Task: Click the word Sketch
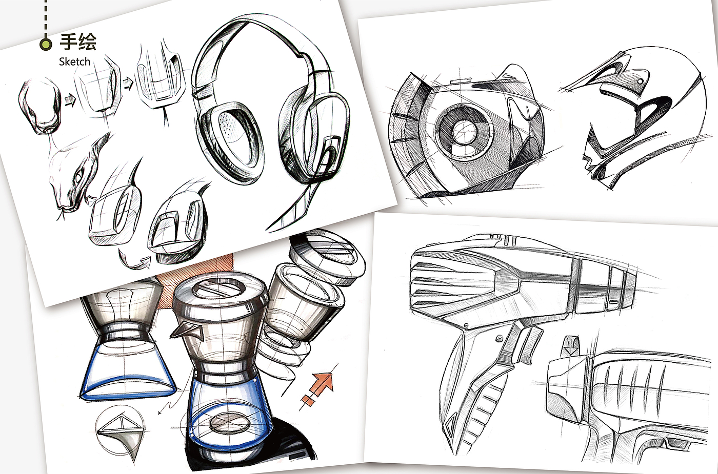74,62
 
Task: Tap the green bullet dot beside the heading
46,44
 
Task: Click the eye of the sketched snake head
78,175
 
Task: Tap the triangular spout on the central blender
188,331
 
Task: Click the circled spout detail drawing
121,431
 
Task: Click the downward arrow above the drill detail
571,346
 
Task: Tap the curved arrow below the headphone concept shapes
134,260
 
